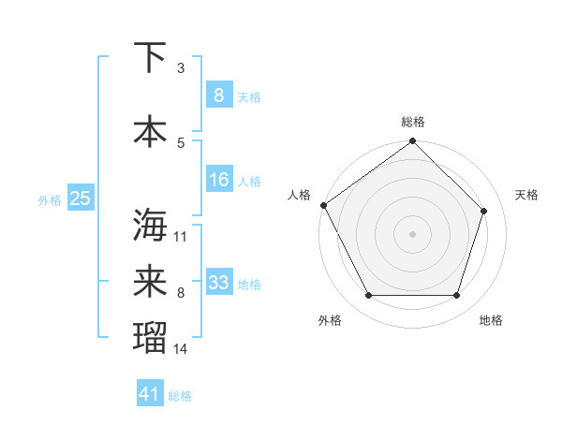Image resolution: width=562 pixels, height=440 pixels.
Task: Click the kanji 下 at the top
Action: (x=150, y=58)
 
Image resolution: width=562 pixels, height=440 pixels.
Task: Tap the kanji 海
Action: (x=150, y=226)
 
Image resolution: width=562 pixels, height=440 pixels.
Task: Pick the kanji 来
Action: (x=150, y=283)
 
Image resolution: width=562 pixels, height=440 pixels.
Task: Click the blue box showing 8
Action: (x=218, y=95)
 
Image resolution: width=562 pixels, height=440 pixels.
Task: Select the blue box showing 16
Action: (x=218, y=180)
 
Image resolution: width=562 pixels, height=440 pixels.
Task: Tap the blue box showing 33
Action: (x=218, y=283)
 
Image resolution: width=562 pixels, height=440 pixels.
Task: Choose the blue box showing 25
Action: (x=81, y=198)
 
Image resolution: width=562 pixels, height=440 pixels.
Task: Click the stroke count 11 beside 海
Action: (x=181, y=236)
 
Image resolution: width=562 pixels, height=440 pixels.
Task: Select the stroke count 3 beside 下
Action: (x=181, y=68)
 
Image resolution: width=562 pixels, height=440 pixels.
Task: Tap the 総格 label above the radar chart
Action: (x=413, y=122)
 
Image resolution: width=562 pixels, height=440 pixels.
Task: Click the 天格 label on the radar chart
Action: (x=526, y=195)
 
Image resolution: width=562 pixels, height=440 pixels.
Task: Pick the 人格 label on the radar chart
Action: (x=299, y=195)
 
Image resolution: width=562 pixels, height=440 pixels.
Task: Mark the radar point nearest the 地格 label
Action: (x=457, y=296)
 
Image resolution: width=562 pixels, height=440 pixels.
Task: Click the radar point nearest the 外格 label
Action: (x=368, y=296)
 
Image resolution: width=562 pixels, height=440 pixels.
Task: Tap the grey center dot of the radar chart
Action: (x=412, y=234)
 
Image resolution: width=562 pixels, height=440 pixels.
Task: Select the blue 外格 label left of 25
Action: (x=50, y=199)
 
